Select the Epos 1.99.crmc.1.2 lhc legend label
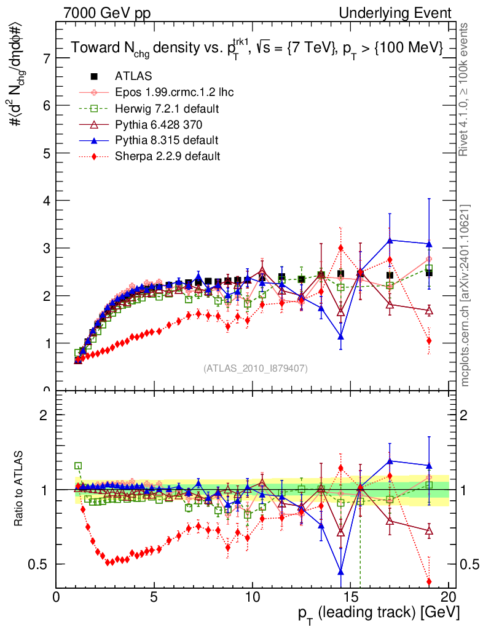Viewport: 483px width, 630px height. [174, 92]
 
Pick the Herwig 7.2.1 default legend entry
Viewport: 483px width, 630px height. [167, 108]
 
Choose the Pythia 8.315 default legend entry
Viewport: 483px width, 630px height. [167, 140]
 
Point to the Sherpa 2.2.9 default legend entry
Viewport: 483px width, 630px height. [167, 156]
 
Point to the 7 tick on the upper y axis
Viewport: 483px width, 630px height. [45, 58]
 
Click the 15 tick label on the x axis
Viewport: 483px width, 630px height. [350, 597]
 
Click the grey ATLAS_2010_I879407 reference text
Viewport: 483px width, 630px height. [256, 369]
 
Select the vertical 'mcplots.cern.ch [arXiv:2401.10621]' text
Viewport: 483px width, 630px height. [465, 295]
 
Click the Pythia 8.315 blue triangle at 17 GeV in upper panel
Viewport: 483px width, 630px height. [390, 240]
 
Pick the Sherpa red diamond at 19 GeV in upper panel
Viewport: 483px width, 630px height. [429, 341]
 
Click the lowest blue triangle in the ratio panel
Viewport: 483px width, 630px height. [340, 572]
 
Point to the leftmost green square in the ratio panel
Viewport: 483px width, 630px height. [78, 466]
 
